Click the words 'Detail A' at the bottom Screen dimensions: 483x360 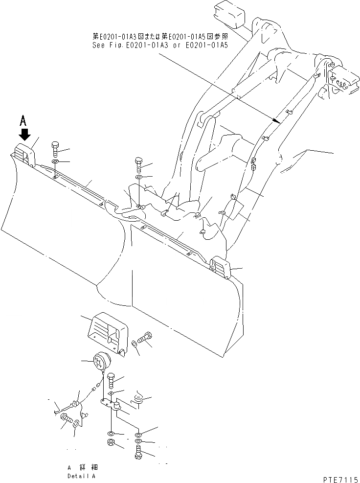(82, 476)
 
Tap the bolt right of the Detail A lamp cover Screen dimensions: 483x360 (145, 337)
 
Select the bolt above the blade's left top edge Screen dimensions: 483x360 (55, 147)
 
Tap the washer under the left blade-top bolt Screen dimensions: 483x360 (55, 161)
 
